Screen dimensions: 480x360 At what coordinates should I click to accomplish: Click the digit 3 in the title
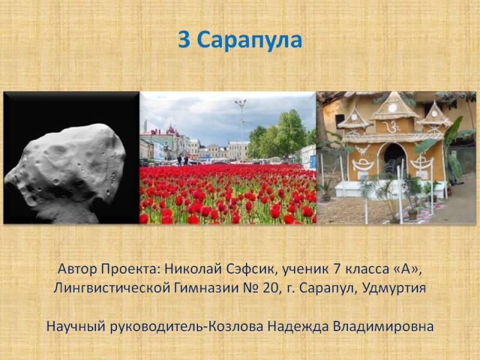[184, 40]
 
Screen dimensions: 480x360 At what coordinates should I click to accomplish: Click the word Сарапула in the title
[250, 40]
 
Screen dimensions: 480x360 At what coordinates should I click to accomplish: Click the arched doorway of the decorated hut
[395, 158]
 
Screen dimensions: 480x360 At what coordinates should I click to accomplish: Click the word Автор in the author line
[77, 269]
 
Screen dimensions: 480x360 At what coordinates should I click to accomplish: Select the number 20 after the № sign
[269, 288]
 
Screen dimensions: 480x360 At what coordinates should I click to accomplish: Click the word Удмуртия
[394, 289]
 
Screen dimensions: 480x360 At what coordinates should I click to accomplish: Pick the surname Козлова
[235, 326]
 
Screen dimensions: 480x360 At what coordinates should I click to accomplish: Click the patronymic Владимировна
[383, 326]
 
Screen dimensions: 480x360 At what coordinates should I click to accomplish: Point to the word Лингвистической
[112, 289]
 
